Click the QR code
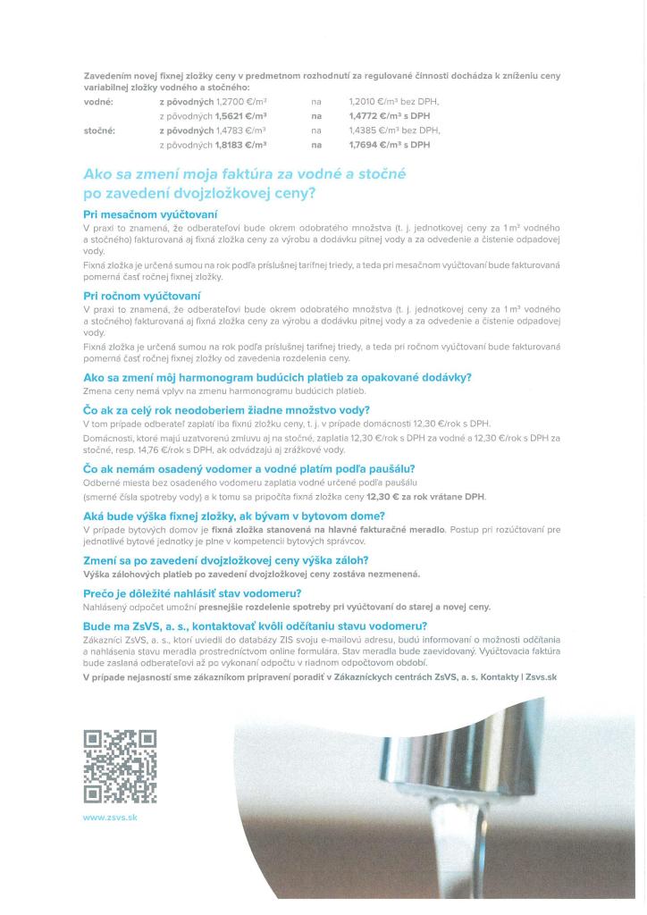120,766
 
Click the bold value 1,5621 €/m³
239,116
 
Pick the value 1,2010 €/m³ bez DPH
394,102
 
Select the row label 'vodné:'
98,102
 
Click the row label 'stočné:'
101,130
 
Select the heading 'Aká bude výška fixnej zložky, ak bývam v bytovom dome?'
234,516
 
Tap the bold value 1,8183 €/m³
239,145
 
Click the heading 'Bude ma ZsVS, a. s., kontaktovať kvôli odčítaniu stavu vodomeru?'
255,626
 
